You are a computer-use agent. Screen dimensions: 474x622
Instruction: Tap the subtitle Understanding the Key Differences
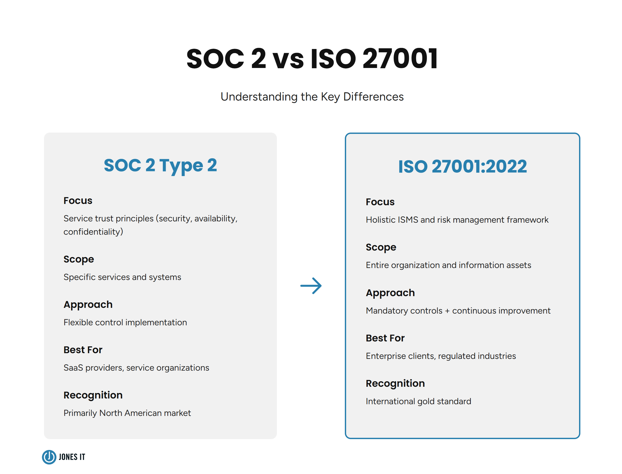pos(312,97)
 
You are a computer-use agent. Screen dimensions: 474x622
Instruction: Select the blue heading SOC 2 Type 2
pos(160,165)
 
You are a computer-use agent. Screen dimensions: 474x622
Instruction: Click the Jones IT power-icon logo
pos(49,457)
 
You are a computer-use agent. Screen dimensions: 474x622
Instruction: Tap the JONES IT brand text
pos(72,457)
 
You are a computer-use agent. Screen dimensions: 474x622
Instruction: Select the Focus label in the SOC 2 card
pos(78,201)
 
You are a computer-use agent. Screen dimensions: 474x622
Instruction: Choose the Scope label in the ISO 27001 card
pos(381,247)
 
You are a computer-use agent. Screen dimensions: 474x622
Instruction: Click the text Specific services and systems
pos(122,277)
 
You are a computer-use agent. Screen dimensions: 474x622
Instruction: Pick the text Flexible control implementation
pos(125,322)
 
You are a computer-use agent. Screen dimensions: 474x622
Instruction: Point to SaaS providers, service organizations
pos(136,368)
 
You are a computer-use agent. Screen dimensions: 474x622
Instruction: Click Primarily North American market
pos(127,413)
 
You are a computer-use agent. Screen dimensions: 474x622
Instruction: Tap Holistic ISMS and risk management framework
pos(457,220)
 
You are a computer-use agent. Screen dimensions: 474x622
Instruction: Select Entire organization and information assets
pos(448,265)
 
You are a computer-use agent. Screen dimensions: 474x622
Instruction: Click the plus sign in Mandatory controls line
pos(447,311)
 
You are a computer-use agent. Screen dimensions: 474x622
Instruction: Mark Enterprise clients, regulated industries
pos(440,356)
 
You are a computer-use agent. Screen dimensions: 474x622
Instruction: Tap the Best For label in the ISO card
pos(385,338)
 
